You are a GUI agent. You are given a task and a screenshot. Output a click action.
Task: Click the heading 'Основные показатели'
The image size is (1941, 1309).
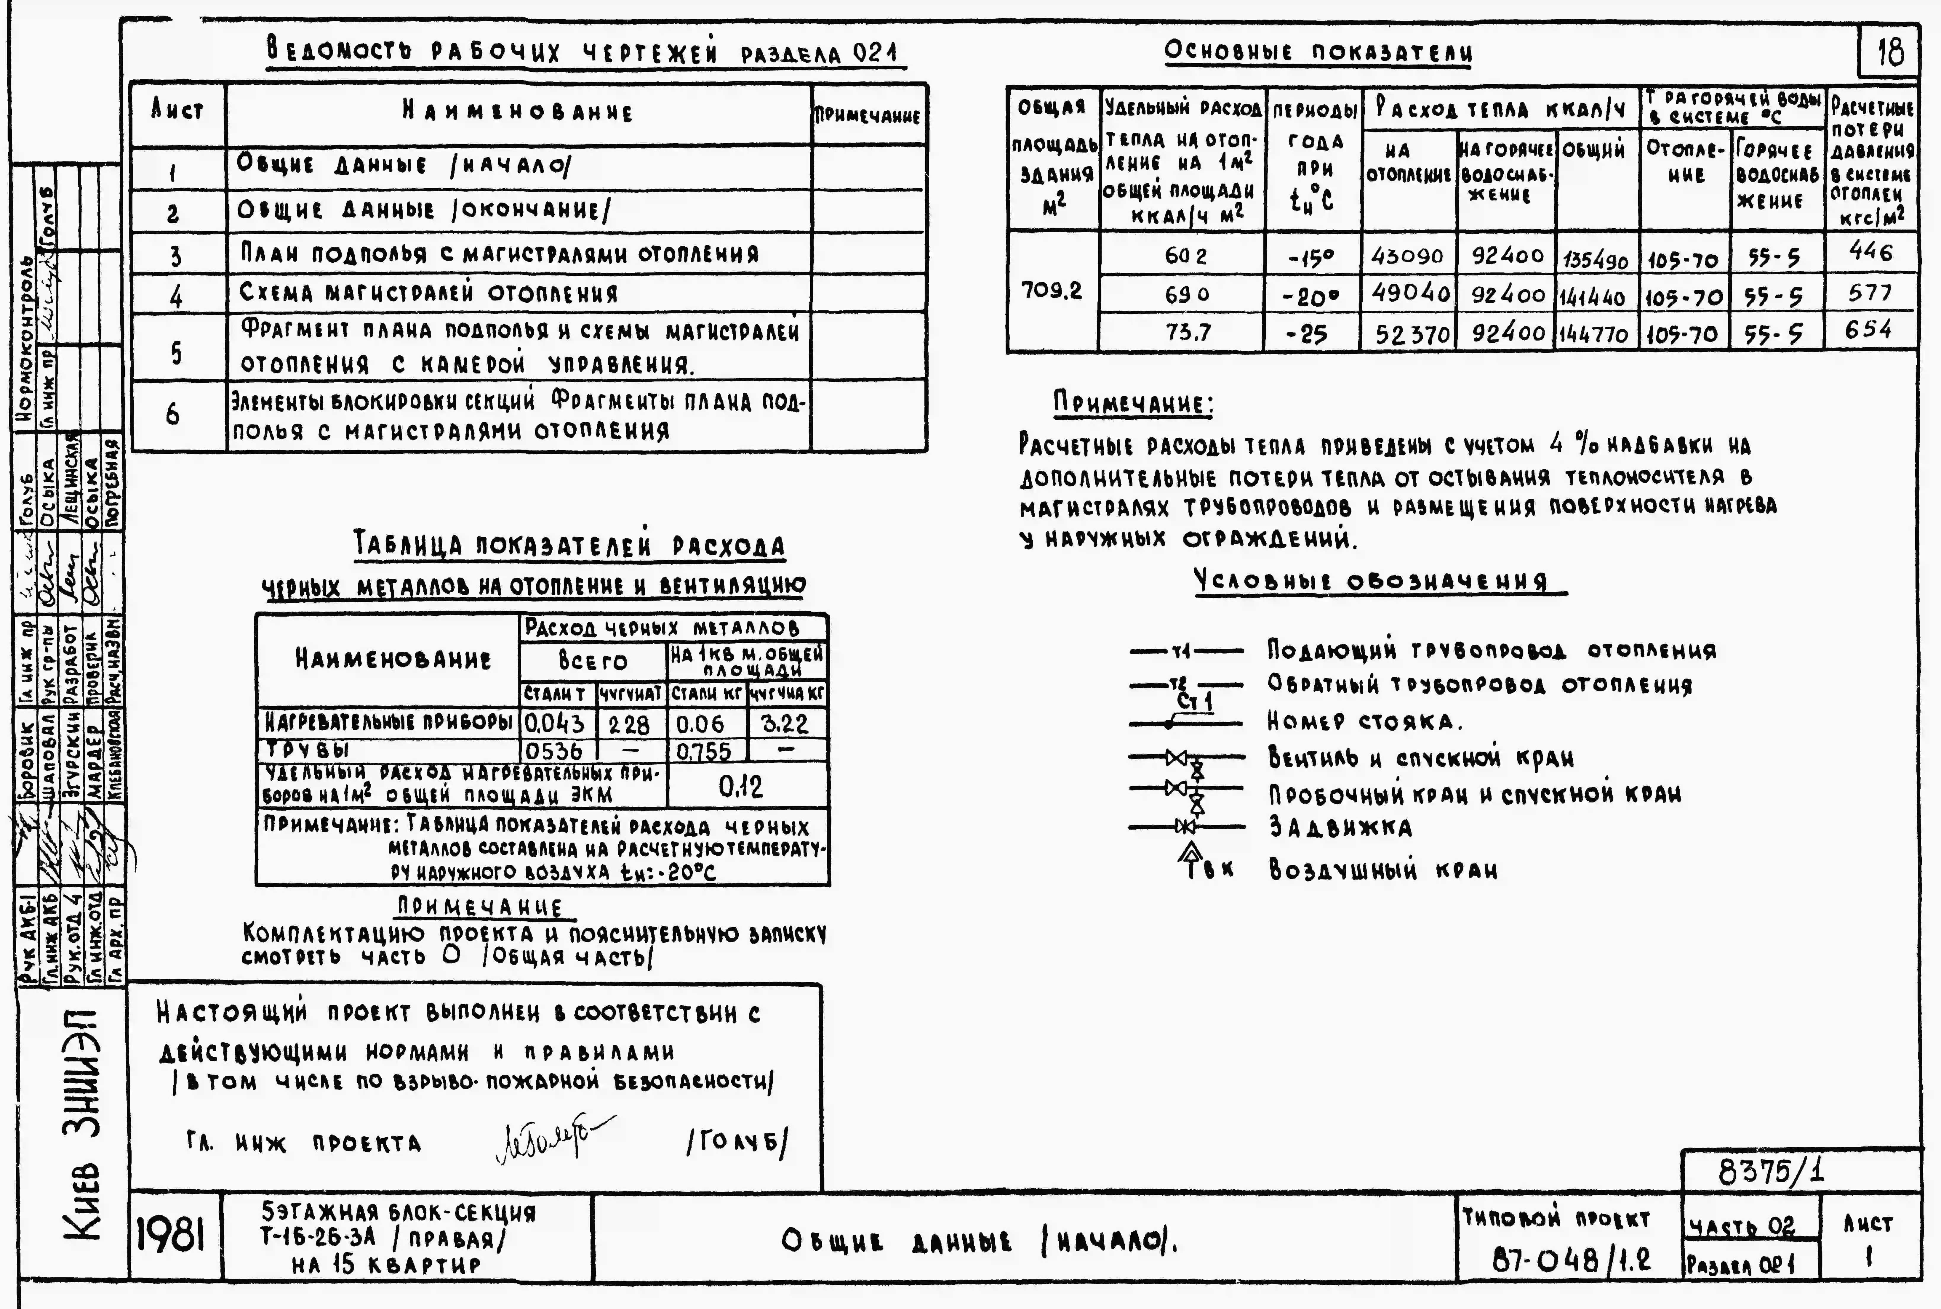(x=1318, y=52)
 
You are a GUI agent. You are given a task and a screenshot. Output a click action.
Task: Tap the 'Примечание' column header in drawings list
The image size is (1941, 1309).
(x=868, y=116)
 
